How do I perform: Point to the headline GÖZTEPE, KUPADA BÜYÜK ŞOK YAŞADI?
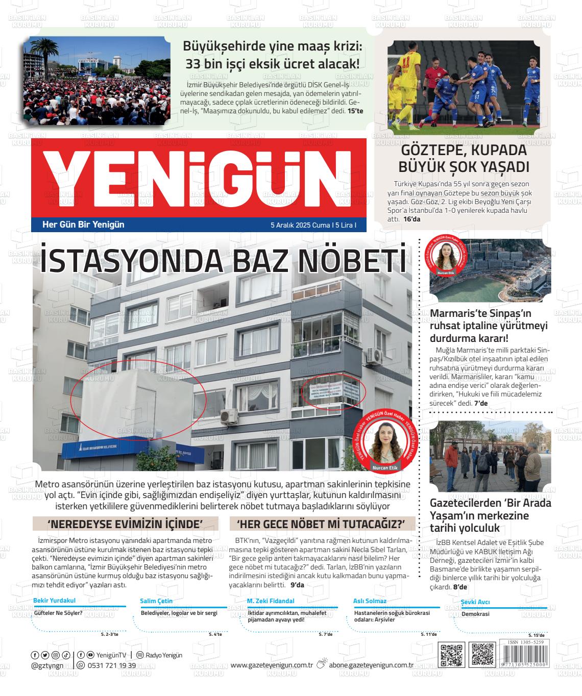(x=463, y=159)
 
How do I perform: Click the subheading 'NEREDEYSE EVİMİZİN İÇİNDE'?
(x=125, y=524)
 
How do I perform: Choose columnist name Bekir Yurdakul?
(x=54, y=601)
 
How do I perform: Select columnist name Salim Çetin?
(x=156, y=601)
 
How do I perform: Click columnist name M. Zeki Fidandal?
(x=271, y=601)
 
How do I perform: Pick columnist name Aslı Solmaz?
(x=370, y=601)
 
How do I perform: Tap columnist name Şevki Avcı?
(x=475, y=602)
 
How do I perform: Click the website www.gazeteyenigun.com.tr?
(x=272, y=665)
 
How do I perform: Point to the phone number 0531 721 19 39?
(x=112, y=665)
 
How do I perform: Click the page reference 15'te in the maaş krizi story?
(x=355, y=111)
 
